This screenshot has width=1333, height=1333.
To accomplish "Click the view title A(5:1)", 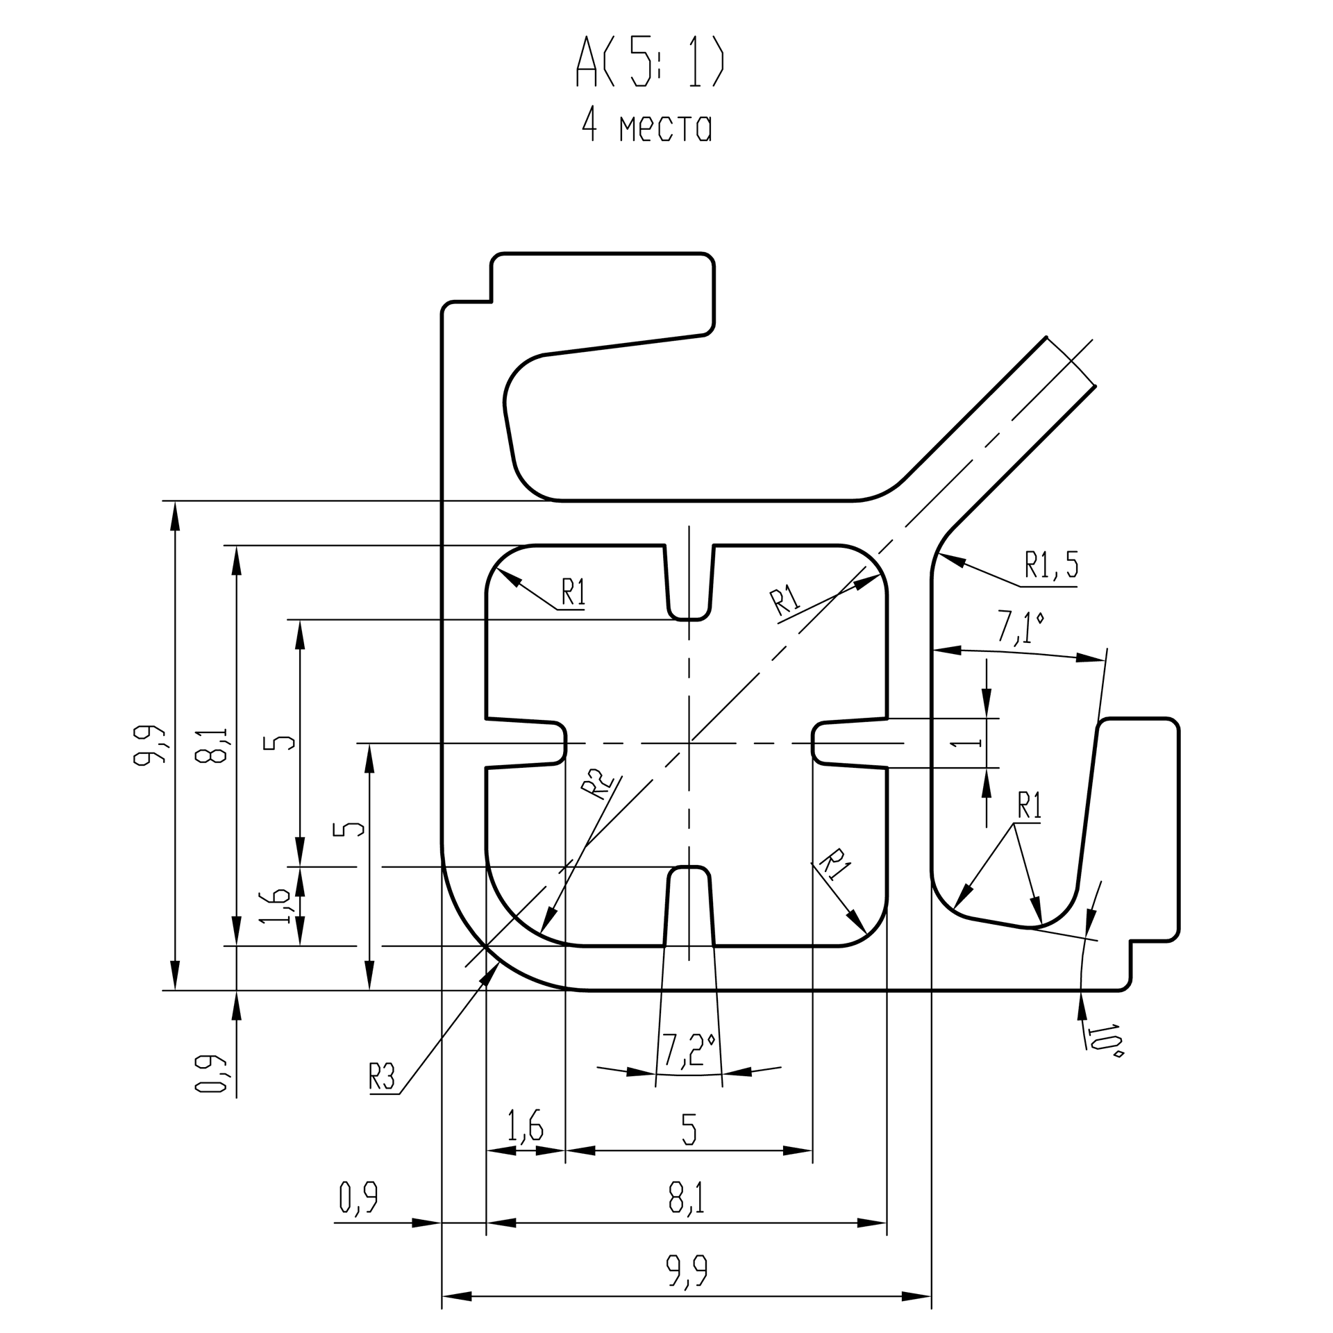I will point(650,62).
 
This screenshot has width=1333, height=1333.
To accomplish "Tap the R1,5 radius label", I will point(1051,566).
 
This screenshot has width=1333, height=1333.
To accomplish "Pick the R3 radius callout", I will point(382,1078).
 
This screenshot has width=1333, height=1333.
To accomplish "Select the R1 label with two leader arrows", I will point(1029,805).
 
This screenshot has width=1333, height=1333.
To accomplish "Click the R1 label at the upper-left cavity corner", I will point(573,593).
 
